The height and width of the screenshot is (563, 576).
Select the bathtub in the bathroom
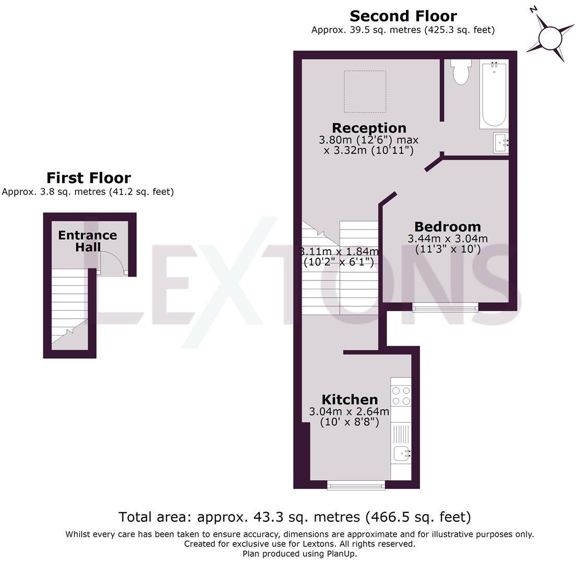[x=494, y=94]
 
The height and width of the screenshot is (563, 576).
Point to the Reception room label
[x=369, y=128]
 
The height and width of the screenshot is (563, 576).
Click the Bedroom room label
[x=447, y=227]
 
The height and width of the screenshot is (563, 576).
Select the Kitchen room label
[x=350, y=400]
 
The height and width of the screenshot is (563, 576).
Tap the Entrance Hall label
[x=87, y=241]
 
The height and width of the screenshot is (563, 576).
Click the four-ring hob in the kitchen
[x=401, y=395]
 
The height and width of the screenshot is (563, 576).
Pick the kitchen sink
[x=401, y=454]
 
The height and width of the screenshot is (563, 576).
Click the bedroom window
[x=445, y=308]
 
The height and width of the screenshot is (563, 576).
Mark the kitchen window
[x=356, y=485]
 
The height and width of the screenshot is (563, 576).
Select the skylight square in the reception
[x=365, y=91]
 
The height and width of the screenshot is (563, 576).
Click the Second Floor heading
[x=403, y=16]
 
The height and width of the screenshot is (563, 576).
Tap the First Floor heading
[x=88, y=178]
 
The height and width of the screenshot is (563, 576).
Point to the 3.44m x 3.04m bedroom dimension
[x=447, y=239]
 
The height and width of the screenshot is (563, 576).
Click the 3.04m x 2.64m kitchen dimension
[x=349, y=412]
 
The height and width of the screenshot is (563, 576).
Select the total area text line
[x=294, y=517]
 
